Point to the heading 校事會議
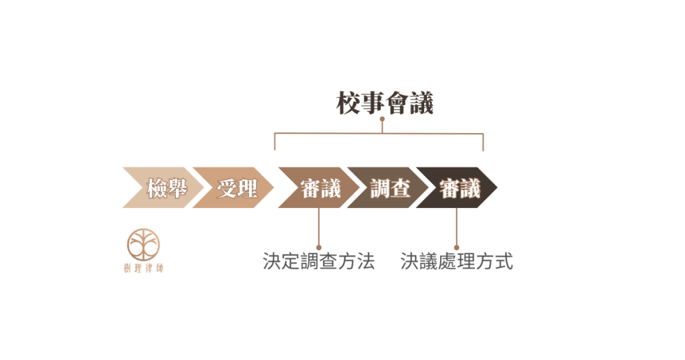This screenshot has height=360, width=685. (385, 103)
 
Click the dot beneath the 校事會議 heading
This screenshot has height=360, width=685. (382, 120)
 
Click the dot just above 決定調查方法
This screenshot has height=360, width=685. (318, 246)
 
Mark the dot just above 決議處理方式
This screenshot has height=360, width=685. (457, 246)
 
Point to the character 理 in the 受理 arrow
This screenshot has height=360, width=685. (248, 188)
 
